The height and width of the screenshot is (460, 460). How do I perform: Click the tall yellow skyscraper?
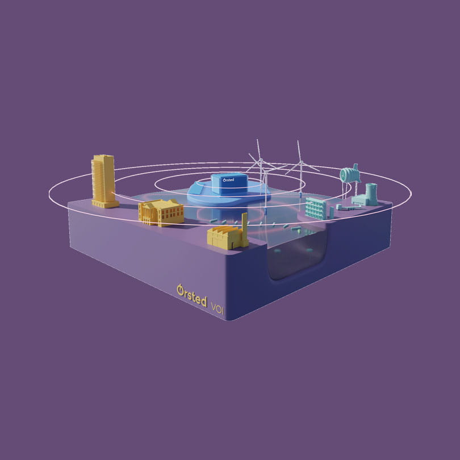coord(104,181)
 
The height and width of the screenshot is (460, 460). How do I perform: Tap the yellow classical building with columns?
coord(161,212)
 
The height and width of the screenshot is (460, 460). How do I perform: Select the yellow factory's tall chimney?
coord(244,229)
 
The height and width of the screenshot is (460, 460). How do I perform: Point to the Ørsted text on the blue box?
coord(228,180)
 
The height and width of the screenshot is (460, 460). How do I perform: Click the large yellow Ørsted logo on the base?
coord(192,295)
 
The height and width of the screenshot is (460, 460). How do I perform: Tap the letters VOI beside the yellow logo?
coord(217,308)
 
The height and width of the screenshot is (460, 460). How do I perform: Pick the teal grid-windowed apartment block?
coord(315,208)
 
